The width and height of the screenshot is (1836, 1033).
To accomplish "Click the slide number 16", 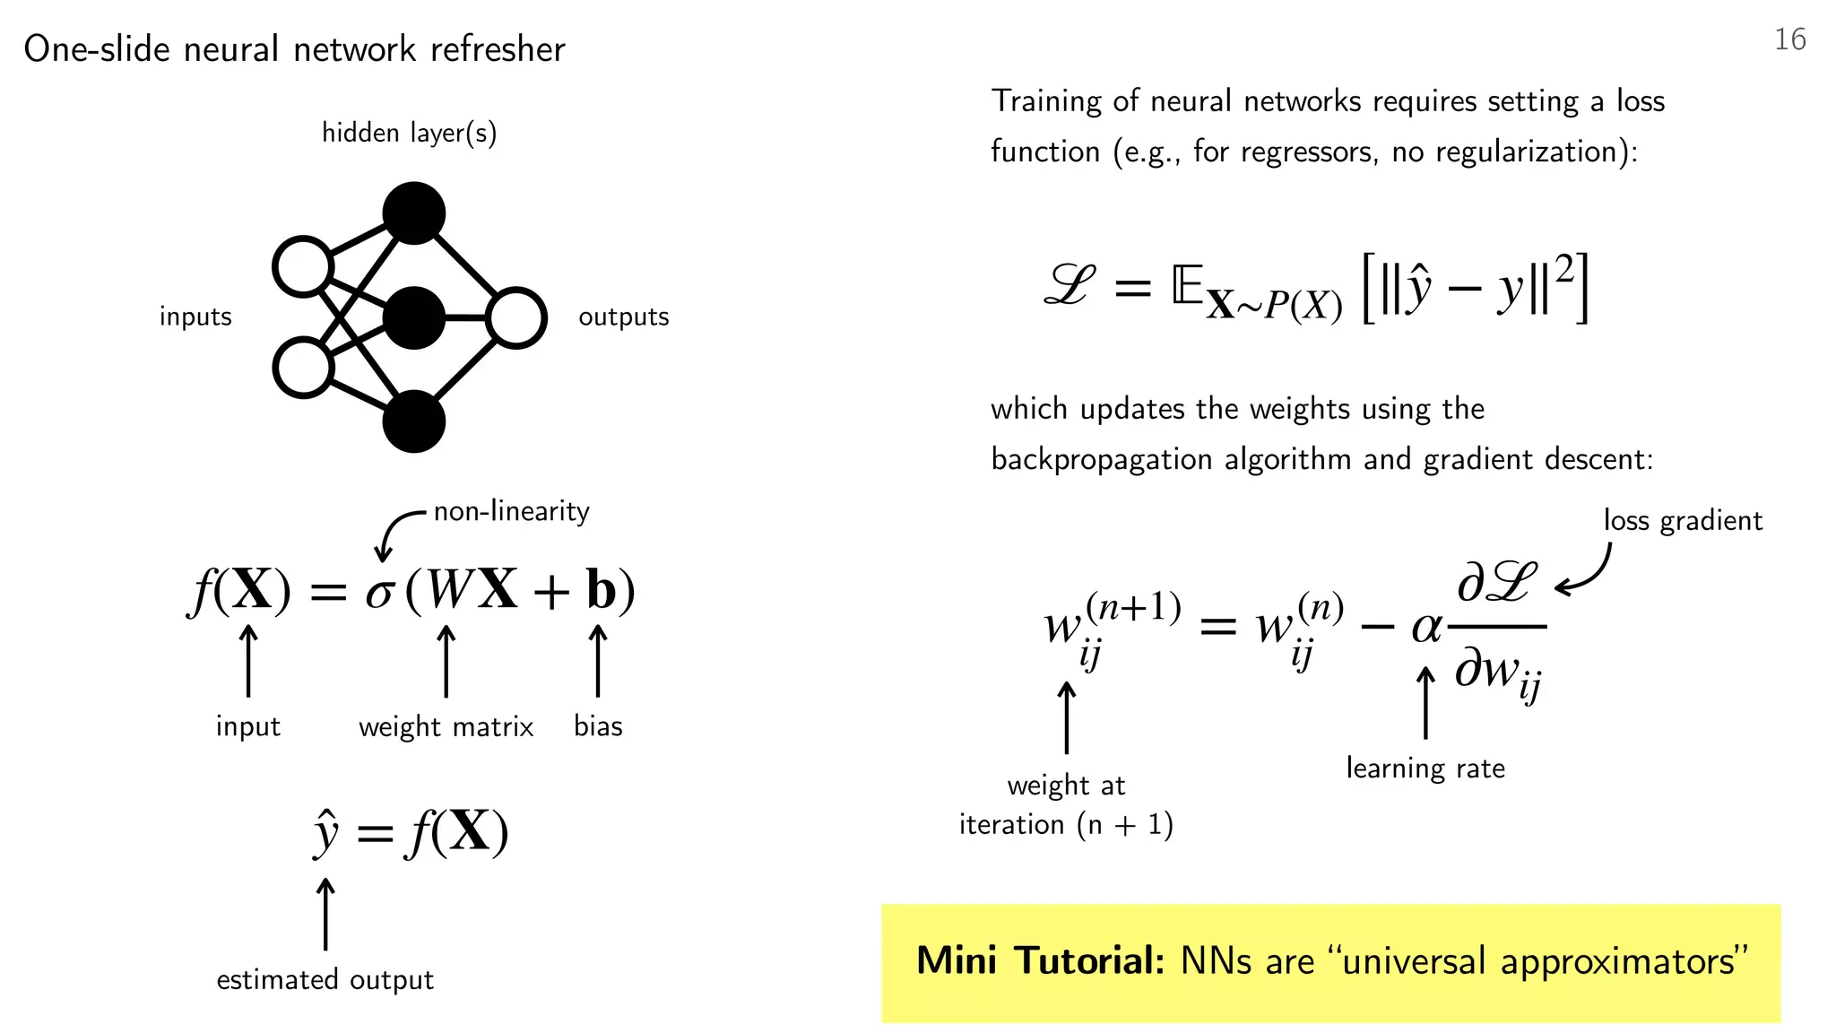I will [x=1789, y=39].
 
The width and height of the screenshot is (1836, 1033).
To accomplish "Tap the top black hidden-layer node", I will [x=413, y=213].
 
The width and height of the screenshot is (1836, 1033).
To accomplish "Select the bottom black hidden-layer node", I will [x=413, y=421].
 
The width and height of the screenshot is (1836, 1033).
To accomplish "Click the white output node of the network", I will [x=516, y=317].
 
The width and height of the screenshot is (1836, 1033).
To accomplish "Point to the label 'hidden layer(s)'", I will [x=409, y=133].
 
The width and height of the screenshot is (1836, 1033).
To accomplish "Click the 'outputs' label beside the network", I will [x=623, y=317].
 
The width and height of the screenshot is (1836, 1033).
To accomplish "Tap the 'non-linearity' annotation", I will [x=511, y=511].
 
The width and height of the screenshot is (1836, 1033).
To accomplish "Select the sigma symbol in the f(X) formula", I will [x=379, y=593].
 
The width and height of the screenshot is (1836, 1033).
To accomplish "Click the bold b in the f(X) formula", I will [x=602, y=590].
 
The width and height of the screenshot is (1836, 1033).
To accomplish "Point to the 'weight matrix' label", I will [x=446, y=726].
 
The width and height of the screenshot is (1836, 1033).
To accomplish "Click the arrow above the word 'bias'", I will [x=598, y=661].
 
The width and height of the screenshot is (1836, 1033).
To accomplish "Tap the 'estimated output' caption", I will [x=325, y=979].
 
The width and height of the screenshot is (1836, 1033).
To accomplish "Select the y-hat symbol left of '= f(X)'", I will [x=325, y=833].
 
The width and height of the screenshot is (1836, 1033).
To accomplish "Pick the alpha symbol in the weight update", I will [x=1425, y=627].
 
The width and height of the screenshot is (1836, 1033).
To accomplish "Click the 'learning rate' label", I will [x=1425, y=768].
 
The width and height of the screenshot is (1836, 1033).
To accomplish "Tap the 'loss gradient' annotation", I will [x=1683, y=521].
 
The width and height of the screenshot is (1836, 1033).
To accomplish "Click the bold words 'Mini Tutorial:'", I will [x=1040, y=960].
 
